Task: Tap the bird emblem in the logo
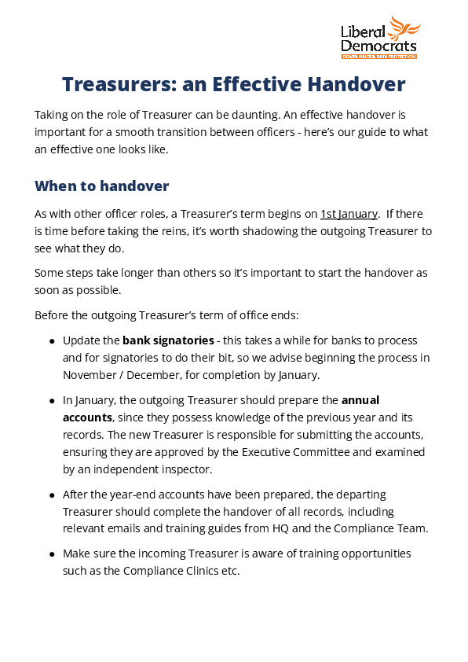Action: (405, 28)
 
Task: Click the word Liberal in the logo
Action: (363, 32)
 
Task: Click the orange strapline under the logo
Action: (378, 57)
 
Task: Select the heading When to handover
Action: (101, 186)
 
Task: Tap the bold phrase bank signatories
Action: (168, 340)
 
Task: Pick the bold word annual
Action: (360, 399)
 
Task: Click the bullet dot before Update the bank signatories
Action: (52, 341)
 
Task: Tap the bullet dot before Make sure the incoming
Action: (52, 554)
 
